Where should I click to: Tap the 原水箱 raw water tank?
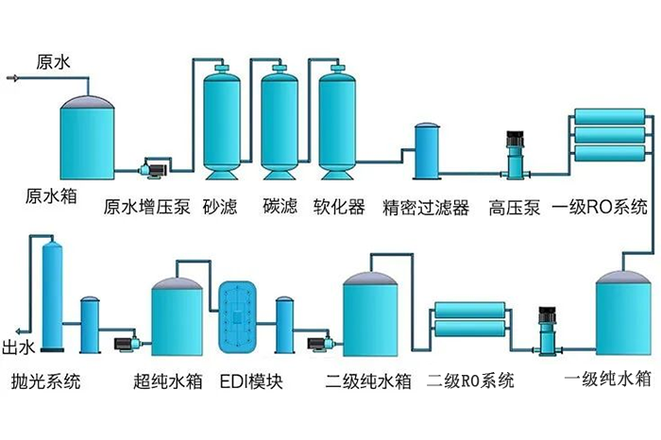87,137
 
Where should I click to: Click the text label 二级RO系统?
470,381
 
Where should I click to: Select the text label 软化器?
338,207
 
